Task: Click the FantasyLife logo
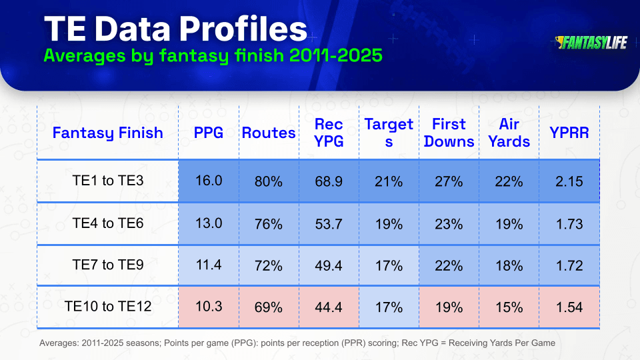[591, 43]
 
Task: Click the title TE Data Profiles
[175, 29]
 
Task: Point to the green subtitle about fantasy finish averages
[213, 55]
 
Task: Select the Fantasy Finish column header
[108, 133]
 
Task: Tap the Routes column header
[269, 133]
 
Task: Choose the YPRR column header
[569, 133]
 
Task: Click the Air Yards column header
[509, 133]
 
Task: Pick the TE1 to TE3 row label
[108, 181]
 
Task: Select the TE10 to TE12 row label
[108, 306]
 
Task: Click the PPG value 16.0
[209, 181]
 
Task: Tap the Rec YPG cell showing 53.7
[329, 224]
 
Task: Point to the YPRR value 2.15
[569, 181]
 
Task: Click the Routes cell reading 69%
[269, 307]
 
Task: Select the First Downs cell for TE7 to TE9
[449, 266]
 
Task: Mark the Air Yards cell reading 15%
[509, 307]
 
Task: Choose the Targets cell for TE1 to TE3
[389, 181]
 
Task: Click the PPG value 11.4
[209, 265]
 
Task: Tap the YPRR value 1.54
[569, 307]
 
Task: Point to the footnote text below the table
[297, 343]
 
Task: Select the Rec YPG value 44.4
[329, 307]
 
